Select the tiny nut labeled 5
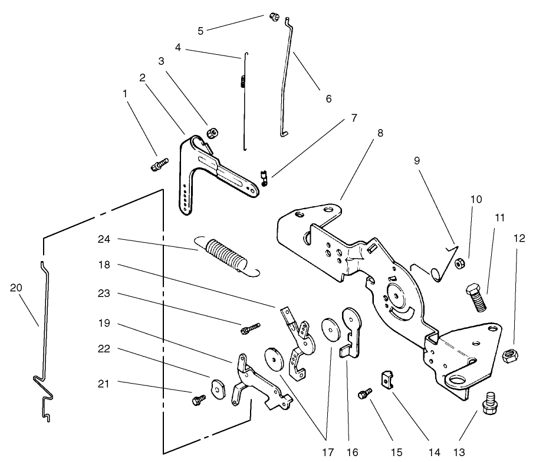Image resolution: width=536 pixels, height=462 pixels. tap(274, 16)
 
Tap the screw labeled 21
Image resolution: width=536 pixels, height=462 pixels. tap(198, 400)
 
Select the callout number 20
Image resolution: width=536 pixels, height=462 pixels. tap(15, 288)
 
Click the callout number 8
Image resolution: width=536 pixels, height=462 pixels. tap(380, 133)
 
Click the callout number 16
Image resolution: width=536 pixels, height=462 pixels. tap(351, 453)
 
